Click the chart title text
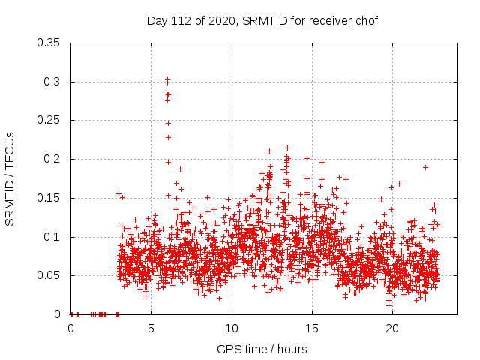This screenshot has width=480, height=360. pyautogui.click(x=261, y=20)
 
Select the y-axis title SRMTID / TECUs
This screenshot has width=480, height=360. pyautogui.click(x=10, y=178)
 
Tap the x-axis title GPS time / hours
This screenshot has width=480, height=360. pyautogui.click(x=262, y=349)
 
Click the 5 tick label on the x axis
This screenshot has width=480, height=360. pyautogui.click(x=151, y=328)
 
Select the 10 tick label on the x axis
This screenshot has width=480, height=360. pyautogui.click(x=232, y=328)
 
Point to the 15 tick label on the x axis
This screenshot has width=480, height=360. pyautogui.click(x=312, y=328)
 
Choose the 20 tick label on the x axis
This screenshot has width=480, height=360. pyautogui.click(x=392, y=328)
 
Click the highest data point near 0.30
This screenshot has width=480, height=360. pyautogui.click(x=167, y=79)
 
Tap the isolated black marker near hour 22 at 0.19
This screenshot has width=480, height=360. pyautogui.click(x=425, y=167)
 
